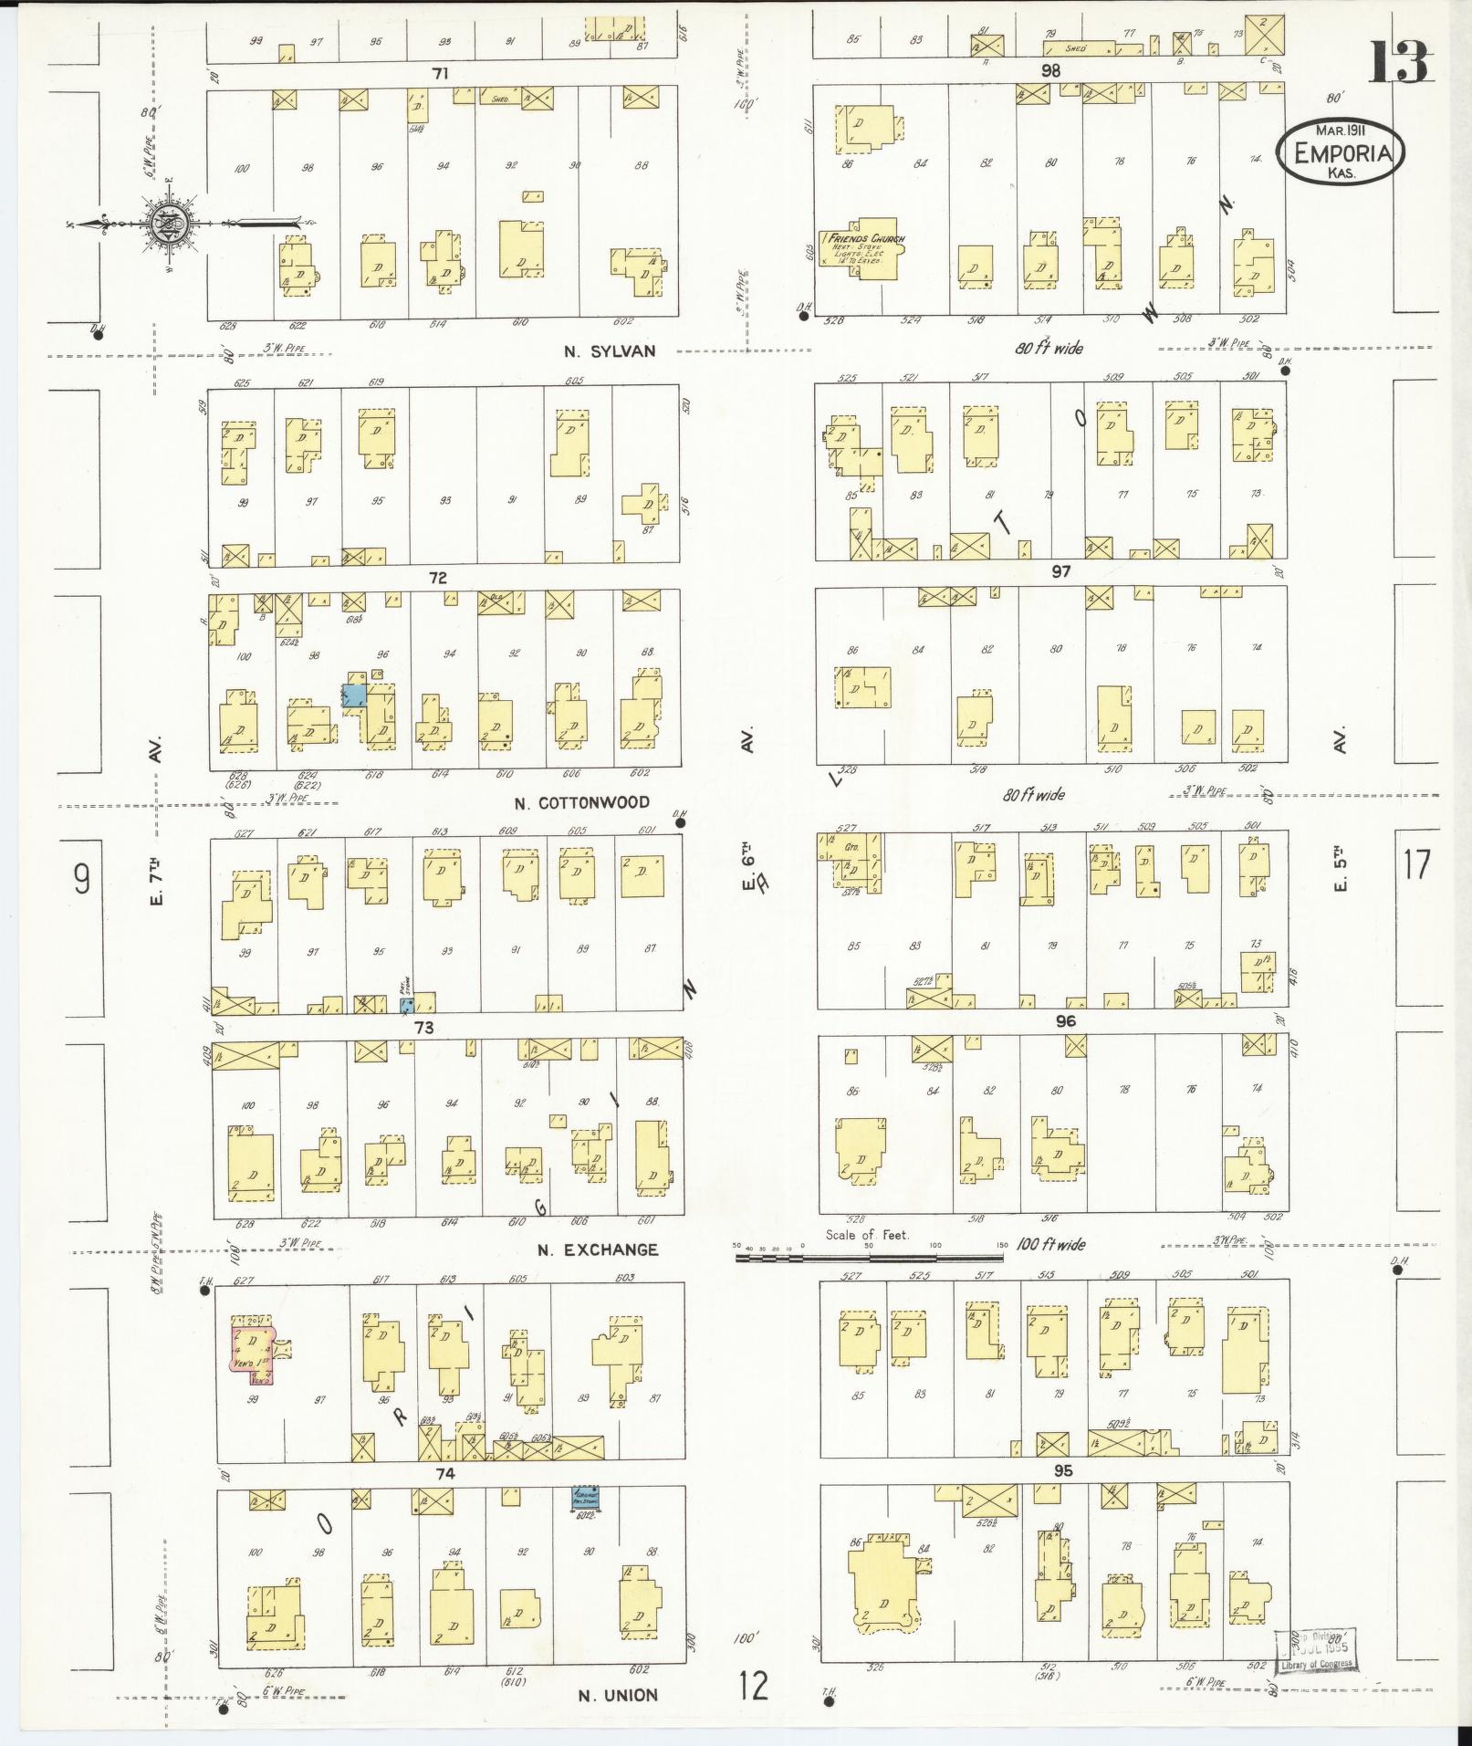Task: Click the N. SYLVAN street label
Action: click(609, 350)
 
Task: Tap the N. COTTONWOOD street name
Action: click(594, 802)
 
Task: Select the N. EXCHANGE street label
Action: click(597, 1249)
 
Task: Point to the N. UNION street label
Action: click(617, 1695)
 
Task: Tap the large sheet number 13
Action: click(1397, 61)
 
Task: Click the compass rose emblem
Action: click(171, 223)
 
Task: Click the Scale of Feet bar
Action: click(869, 1257)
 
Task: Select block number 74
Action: click(445, 1473)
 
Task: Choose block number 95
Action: click(1062, 1470)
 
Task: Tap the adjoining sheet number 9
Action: click(82, 879)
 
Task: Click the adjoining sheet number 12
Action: click(755, 1687)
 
